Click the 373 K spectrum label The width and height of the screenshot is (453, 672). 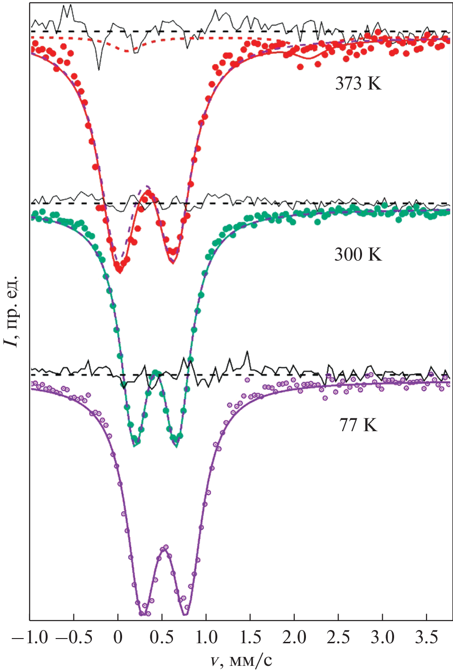coord(358,83)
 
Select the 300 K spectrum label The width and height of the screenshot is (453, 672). coord(358,254)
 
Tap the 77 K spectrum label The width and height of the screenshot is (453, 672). coord(358,425)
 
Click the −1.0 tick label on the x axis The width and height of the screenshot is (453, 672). coord(29,638)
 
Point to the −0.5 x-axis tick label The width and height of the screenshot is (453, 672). coord(74,638)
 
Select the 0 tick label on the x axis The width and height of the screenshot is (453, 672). coord(118,638)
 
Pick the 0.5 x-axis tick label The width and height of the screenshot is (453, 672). coord(162,638)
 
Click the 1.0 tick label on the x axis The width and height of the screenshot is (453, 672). coord(206,638)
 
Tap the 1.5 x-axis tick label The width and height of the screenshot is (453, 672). coord(250,638)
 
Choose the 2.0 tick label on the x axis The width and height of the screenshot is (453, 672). coord(294,638)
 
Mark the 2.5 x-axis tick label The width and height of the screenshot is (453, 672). coord(338,638)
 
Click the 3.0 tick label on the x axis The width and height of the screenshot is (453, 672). coord(382,638)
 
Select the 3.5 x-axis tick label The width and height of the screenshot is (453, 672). coord(427,638)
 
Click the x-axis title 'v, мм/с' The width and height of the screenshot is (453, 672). coord(241,660)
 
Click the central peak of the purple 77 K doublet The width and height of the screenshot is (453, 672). coord(164,548)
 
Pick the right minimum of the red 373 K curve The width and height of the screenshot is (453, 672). coord(173,262)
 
